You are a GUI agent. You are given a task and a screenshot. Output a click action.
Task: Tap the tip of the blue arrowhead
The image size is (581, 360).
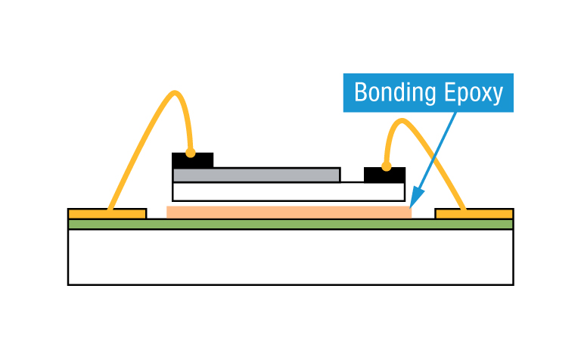(410, 206)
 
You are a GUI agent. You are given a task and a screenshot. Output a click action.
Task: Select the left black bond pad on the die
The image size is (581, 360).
(192, 160)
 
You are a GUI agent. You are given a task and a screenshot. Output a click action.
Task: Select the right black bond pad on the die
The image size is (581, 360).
(384, 175)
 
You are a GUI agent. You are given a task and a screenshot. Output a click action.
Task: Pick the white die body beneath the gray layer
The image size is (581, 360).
(287, 191)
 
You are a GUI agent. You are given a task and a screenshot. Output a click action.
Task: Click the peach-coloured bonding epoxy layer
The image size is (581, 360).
(288, 212)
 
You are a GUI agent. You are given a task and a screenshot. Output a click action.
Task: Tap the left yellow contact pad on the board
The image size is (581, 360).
(107, 213)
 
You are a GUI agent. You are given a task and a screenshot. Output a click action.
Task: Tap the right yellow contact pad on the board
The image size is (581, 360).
(474, 213)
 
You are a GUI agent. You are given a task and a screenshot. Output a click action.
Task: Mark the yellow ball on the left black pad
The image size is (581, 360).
(191, 153)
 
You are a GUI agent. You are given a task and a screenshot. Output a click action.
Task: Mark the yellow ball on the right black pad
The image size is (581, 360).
(386, 166)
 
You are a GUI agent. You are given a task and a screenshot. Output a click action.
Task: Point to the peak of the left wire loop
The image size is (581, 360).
(176, 94)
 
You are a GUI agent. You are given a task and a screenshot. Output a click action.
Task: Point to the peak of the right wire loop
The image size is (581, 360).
(402, 121)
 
